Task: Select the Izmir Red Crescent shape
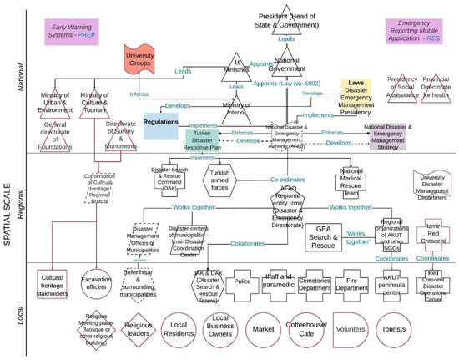point(430,232)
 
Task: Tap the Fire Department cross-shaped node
point(352,281)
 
